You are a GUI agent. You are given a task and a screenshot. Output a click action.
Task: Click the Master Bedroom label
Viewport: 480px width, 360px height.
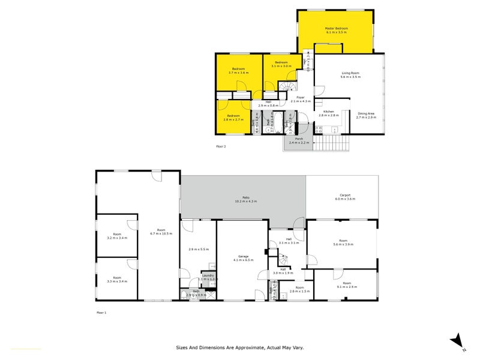pos(337,28)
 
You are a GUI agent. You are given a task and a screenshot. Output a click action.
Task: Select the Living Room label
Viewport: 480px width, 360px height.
pos(350,73)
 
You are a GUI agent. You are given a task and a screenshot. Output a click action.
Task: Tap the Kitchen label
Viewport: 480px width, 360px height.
pos(329,112)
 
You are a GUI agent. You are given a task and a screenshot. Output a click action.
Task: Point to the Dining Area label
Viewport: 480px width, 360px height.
pos(366,113)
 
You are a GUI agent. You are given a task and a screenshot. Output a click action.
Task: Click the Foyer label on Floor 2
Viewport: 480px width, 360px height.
pos(299,97)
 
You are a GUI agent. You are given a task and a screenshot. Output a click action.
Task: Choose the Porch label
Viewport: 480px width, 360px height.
pos(298,139)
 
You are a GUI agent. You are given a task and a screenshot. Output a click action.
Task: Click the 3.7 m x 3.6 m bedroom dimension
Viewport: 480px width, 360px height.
pos(239,73)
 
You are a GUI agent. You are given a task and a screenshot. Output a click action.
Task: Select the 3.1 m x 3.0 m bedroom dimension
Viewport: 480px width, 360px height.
pos(281,66)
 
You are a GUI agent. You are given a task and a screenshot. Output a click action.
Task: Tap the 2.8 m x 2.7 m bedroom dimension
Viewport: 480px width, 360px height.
pos(233,119)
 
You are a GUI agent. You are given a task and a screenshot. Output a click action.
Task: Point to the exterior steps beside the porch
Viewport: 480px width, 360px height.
pos(334,143)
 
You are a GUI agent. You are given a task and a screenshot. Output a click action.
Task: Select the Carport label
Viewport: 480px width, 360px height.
pos(344,195)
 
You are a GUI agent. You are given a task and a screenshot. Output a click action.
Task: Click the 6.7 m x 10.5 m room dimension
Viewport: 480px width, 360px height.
pos(161,233)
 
